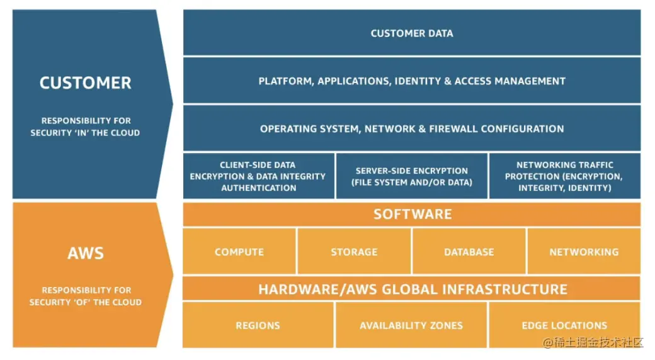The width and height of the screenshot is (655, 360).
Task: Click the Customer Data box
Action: [411, 33]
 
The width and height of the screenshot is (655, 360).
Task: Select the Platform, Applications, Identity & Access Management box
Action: [411, 81]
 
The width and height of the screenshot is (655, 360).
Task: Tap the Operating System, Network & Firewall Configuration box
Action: [411, 128]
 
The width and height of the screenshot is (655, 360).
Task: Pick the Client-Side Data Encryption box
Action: [258, 176]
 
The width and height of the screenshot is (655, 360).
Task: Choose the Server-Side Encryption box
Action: [411, 176]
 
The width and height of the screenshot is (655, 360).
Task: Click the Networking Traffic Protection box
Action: [564, 176]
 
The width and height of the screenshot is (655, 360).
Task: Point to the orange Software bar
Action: [411, 214]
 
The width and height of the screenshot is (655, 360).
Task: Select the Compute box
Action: [239, 252]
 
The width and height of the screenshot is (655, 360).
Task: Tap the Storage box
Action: [354, 252]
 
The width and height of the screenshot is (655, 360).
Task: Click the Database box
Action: [469, 252]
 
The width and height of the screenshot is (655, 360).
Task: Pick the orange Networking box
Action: [584, 252]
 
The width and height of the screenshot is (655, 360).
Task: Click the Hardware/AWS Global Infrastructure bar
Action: [411, 289]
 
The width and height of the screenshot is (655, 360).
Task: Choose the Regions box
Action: [258, 325]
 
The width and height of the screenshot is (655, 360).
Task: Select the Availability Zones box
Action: [411, 325]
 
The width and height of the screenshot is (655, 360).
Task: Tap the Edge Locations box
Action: [564, 325]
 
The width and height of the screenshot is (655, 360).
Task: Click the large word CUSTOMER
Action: [86, 83]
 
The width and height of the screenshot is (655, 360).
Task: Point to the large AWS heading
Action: [86, 253]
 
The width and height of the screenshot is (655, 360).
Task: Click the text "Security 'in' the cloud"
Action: [86, 133]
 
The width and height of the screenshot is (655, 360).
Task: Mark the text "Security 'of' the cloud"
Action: [86, 302]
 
